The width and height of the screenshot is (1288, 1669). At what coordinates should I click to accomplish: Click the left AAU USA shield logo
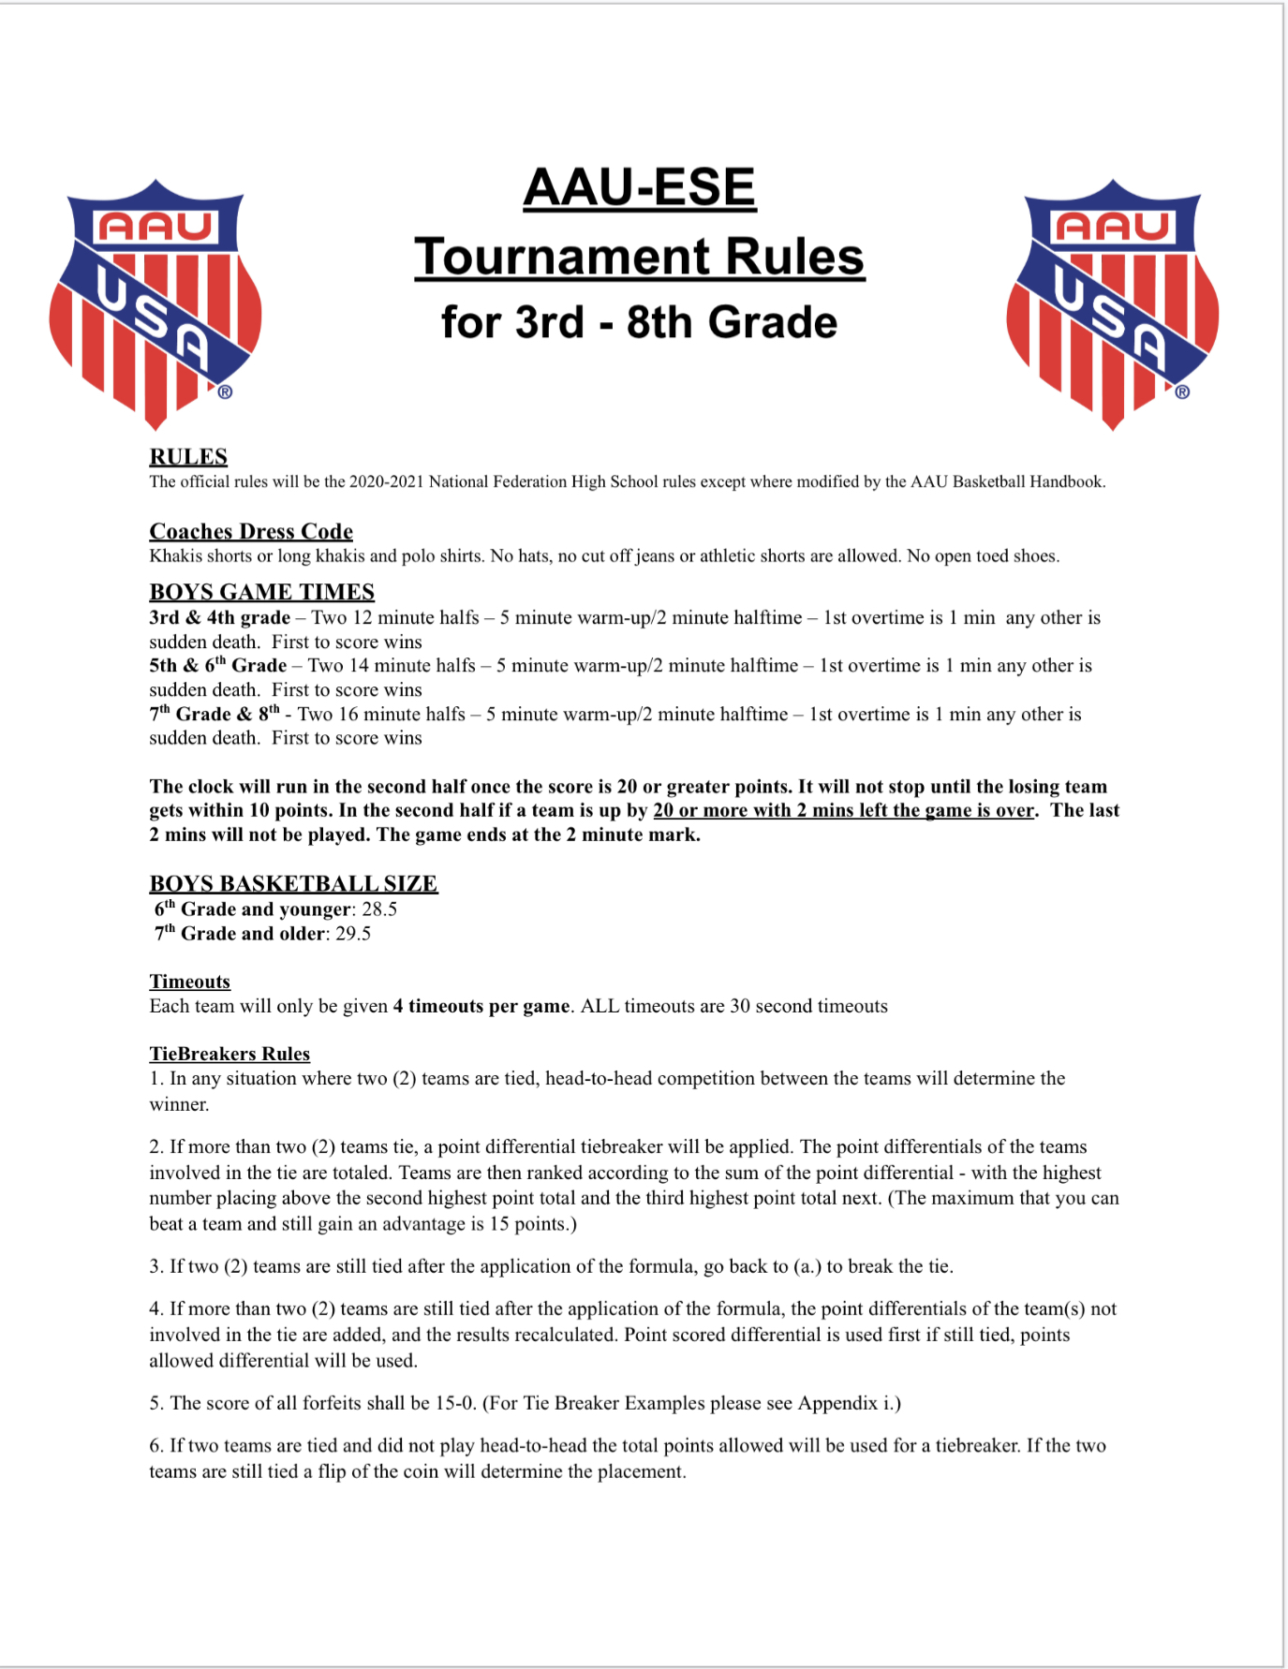pyautogui.click(x=155, y=303)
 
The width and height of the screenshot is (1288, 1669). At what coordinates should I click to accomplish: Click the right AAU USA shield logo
pyautogui.click(x=1113, y=303)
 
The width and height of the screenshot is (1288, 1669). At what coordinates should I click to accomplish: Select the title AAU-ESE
pyautogui.click(x=639, y=187)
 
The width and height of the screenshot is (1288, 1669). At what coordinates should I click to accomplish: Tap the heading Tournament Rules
pyautogui.click(x=639, y=257)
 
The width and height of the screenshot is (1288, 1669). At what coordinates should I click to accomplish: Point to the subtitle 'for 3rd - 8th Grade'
pyautogui.click(x=639, y=322)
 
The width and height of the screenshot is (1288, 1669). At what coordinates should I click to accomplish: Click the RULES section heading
pyautogui.click(x=188, y=457)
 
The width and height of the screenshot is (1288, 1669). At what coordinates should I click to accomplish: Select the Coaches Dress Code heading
pyautogui.click(x=251, y=532)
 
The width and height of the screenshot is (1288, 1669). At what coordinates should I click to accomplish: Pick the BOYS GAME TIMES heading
pyautogui.click(x=261, y=592)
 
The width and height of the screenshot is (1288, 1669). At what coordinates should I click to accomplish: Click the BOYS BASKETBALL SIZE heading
pyautogui.click(x=293, y=884)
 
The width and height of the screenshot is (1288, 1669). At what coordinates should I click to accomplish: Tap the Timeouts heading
pyautogui.click(x=189, y=982)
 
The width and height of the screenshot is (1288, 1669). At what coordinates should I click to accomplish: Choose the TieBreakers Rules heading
pyautogui.click(x=229, y=1054)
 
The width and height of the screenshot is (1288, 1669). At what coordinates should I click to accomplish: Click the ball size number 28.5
pyautogui.click(x=379, y=909)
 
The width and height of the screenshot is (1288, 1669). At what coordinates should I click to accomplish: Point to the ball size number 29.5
pyautogui.click(x=353, y=934)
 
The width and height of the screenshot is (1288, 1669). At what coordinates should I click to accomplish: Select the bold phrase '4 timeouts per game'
pyautogui.click(x=481, y=1006)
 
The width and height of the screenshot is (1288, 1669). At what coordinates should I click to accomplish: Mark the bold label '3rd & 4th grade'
pyautogui.click(x=219, y=618)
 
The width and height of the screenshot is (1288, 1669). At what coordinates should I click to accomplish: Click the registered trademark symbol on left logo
pyautogui.click(x=225, y=392)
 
